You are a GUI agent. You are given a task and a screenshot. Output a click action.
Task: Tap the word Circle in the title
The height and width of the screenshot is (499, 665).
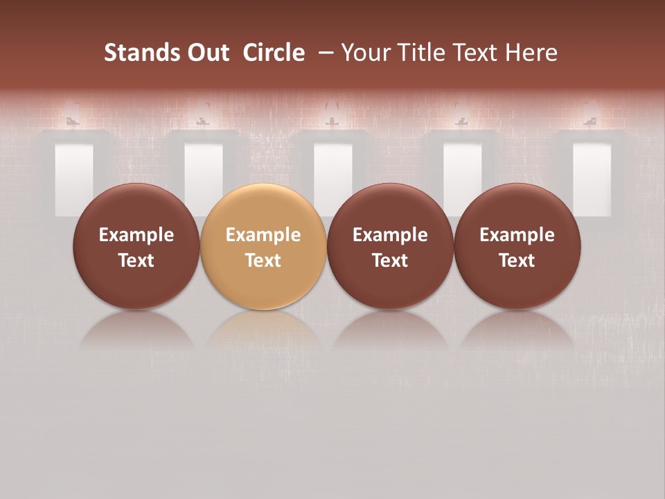pos(274,53)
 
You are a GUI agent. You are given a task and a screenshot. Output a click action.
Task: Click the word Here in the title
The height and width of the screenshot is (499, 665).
pos(531,53)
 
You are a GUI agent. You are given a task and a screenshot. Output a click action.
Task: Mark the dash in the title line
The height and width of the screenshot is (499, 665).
pos(323,53)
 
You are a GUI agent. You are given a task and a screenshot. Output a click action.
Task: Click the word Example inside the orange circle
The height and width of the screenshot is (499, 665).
pos(263,235)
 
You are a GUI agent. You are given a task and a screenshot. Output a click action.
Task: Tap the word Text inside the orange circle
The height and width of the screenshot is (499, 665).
pos(263,261)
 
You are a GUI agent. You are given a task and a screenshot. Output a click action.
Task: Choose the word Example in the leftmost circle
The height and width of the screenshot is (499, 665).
pos(136,235)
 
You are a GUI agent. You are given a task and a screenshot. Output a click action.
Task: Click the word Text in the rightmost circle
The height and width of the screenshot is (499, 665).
pos(517,261)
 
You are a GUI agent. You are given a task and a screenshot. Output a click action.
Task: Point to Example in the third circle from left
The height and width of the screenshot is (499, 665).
pos(390,235)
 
